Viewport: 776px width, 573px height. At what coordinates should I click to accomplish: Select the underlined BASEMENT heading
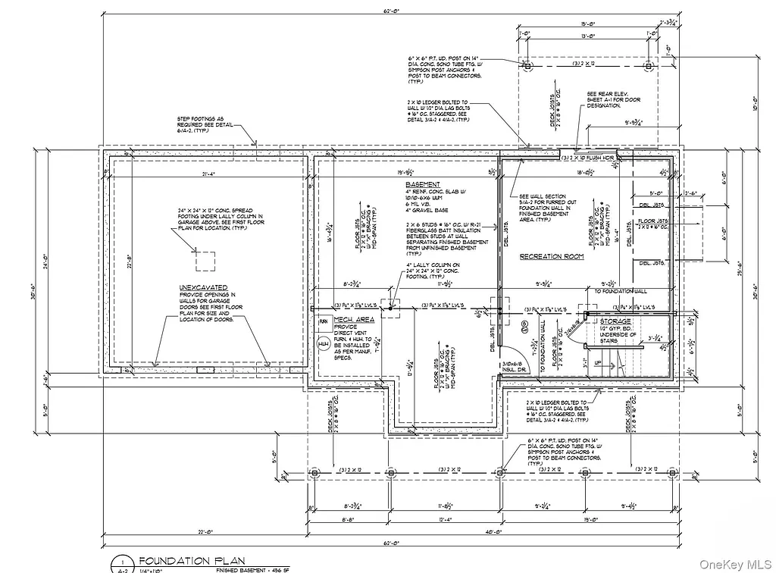tap(423, 185)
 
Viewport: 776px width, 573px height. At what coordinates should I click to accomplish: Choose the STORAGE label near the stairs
tap(615, 321)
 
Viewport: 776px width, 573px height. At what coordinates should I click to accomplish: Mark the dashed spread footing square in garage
tap(207, 261)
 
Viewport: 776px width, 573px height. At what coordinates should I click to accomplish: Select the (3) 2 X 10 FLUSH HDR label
tap(587, 158)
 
